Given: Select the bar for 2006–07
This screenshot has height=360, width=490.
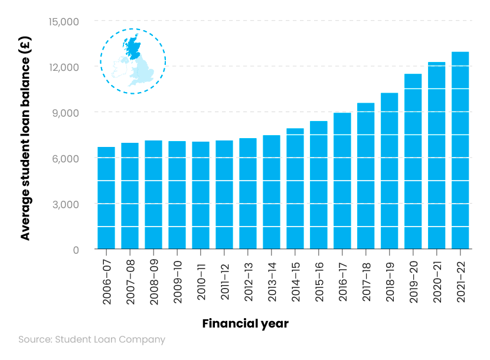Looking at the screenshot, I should click(x=106, y=198).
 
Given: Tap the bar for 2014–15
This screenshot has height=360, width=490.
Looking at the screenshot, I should click(x=295, y=189).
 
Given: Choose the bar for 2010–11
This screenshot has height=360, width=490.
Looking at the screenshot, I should click(x=201, y=195).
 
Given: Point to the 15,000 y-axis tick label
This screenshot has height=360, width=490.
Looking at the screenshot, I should click(x=61, y=21).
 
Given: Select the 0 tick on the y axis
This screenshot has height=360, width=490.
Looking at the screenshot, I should click(x=76, y=250).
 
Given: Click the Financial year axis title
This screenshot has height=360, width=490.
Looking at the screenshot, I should click(x=245, y=324).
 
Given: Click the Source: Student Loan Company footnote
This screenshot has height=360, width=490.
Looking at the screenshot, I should click(x=92, y=340).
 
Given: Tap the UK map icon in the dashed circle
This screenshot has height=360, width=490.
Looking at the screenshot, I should click(x=133, y=61).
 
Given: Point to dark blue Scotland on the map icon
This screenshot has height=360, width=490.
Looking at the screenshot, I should click(x=133, y=47).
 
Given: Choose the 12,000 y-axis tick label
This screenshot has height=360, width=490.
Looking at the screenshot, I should click(x=61, y=67).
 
